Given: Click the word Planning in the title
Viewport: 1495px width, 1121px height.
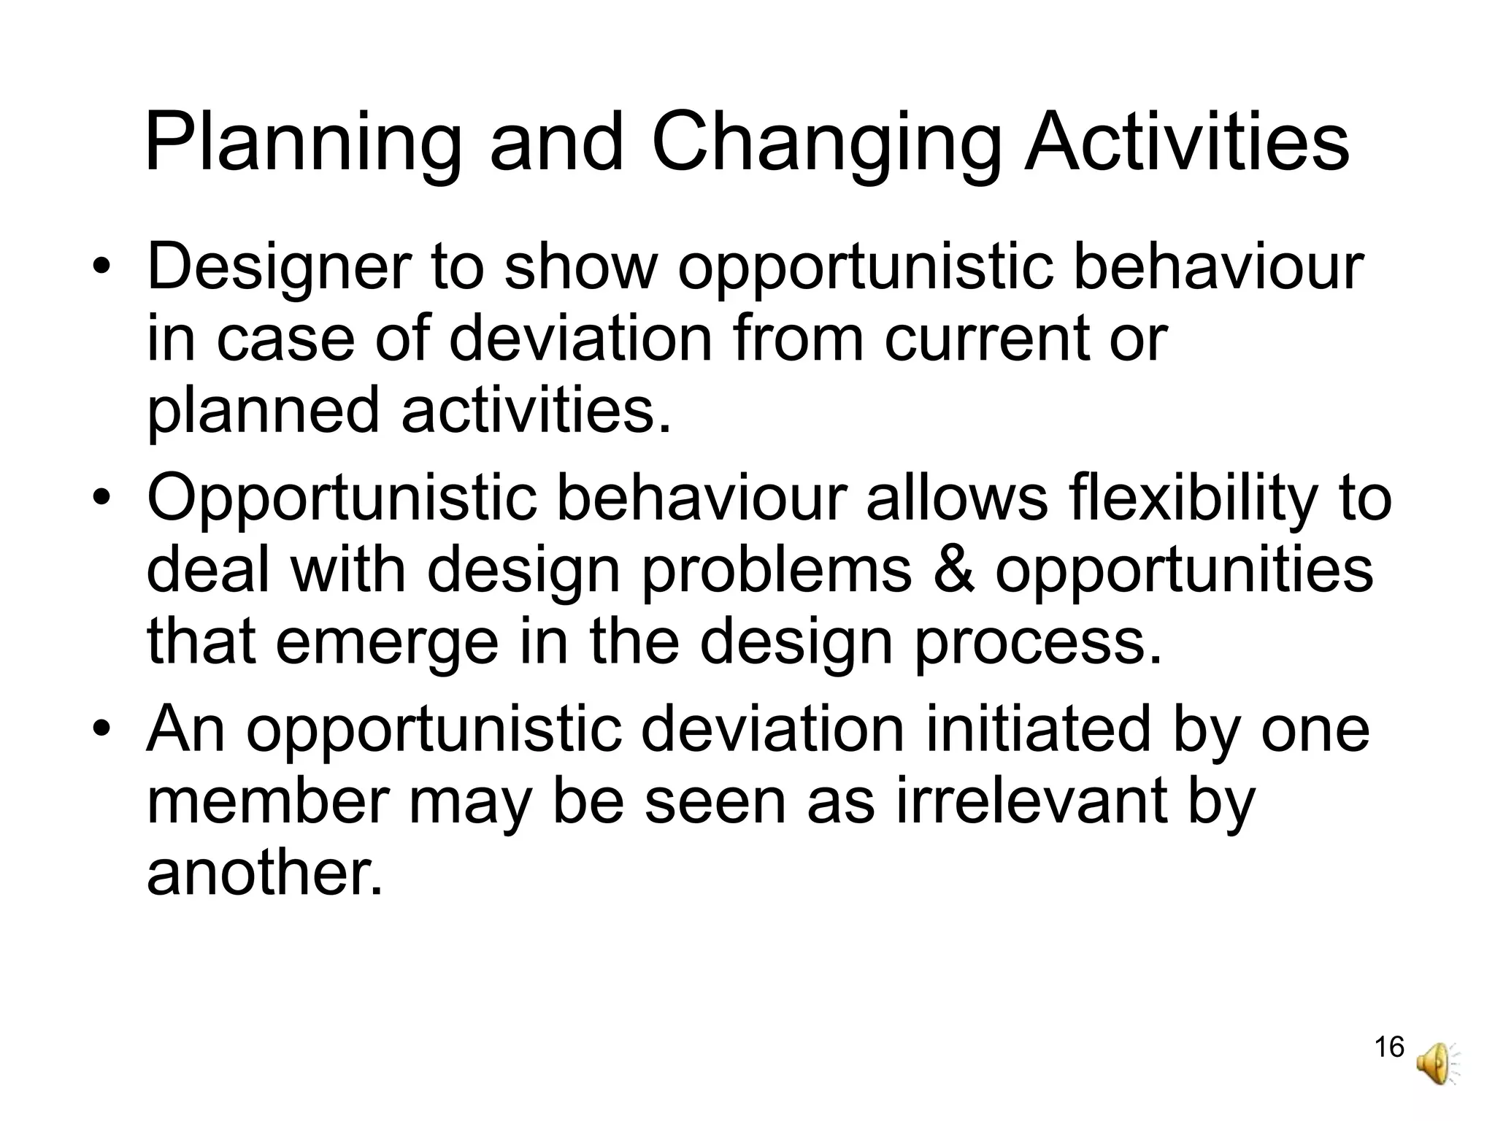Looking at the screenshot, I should tap(302, 143).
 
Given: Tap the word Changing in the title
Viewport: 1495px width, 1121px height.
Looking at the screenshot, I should tap(826, 143).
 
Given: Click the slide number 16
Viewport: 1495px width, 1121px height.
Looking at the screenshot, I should tap(1388, 1047).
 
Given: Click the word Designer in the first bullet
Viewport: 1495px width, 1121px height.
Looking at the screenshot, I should tap(278, 268).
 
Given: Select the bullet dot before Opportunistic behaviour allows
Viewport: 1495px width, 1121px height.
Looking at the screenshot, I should tap(102, 498).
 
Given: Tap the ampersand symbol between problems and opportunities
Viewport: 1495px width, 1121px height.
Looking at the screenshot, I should tap(953, 569).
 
